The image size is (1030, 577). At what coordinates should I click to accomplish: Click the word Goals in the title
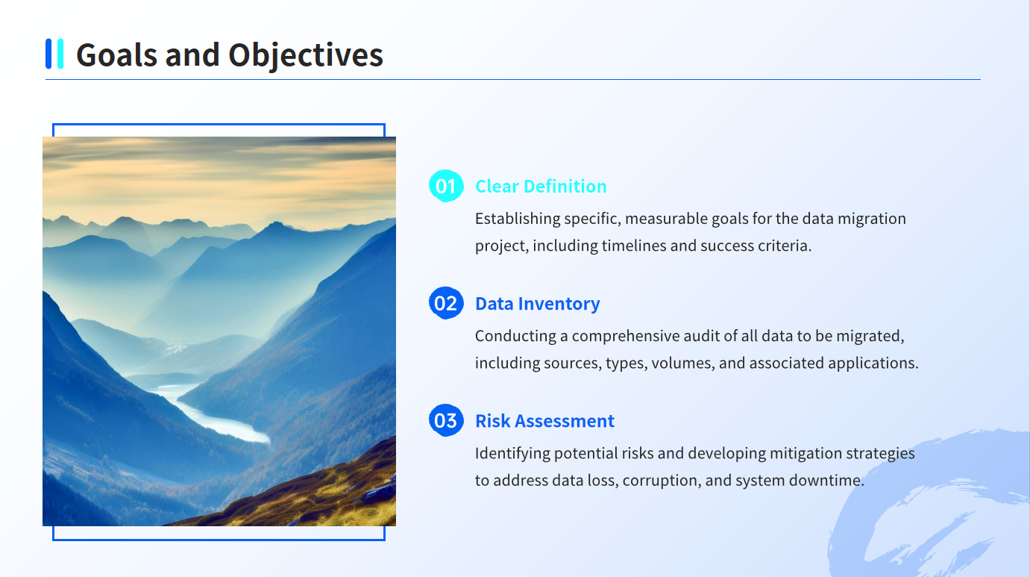pos(116,54)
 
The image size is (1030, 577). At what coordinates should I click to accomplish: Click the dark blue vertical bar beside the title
pos(48,54)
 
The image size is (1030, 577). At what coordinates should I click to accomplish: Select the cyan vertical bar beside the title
pos(60,54)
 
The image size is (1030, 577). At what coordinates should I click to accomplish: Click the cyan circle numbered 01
pos(446,186)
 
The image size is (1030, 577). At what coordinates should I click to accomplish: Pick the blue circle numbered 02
pos(446,303)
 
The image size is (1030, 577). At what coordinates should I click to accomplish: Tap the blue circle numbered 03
pos(446,420)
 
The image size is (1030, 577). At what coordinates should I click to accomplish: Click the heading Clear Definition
pos(541,187)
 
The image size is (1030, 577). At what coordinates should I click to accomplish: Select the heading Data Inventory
pos(538,304)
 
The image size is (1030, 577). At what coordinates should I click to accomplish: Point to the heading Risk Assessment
pos(545,421)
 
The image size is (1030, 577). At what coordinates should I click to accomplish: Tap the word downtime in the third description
pos(826,481)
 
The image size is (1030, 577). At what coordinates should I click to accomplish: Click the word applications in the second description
pos(873,364)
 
